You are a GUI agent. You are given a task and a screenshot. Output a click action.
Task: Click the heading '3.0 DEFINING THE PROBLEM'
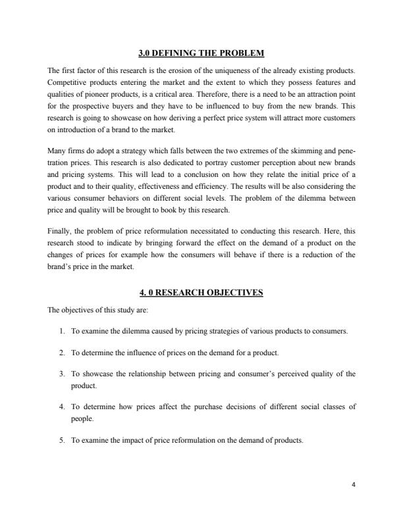tap(201, 52)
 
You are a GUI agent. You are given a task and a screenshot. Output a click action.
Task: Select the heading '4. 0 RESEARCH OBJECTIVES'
tap(201, 293)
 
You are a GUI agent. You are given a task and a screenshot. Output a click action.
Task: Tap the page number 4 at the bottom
tap(354, 485)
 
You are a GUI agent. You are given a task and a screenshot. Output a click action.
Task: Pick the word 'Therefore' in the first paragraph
tap(227, 95)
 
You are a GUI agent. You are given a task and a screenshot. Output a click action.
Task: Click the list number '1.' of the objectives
tap(63, 331)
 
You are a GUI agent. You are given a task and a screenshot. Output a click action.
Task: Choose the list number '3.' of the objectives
tap(63, 374)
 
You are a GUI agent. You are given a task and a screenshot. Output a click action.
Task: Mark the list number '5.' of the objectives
tap(63, 440)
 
